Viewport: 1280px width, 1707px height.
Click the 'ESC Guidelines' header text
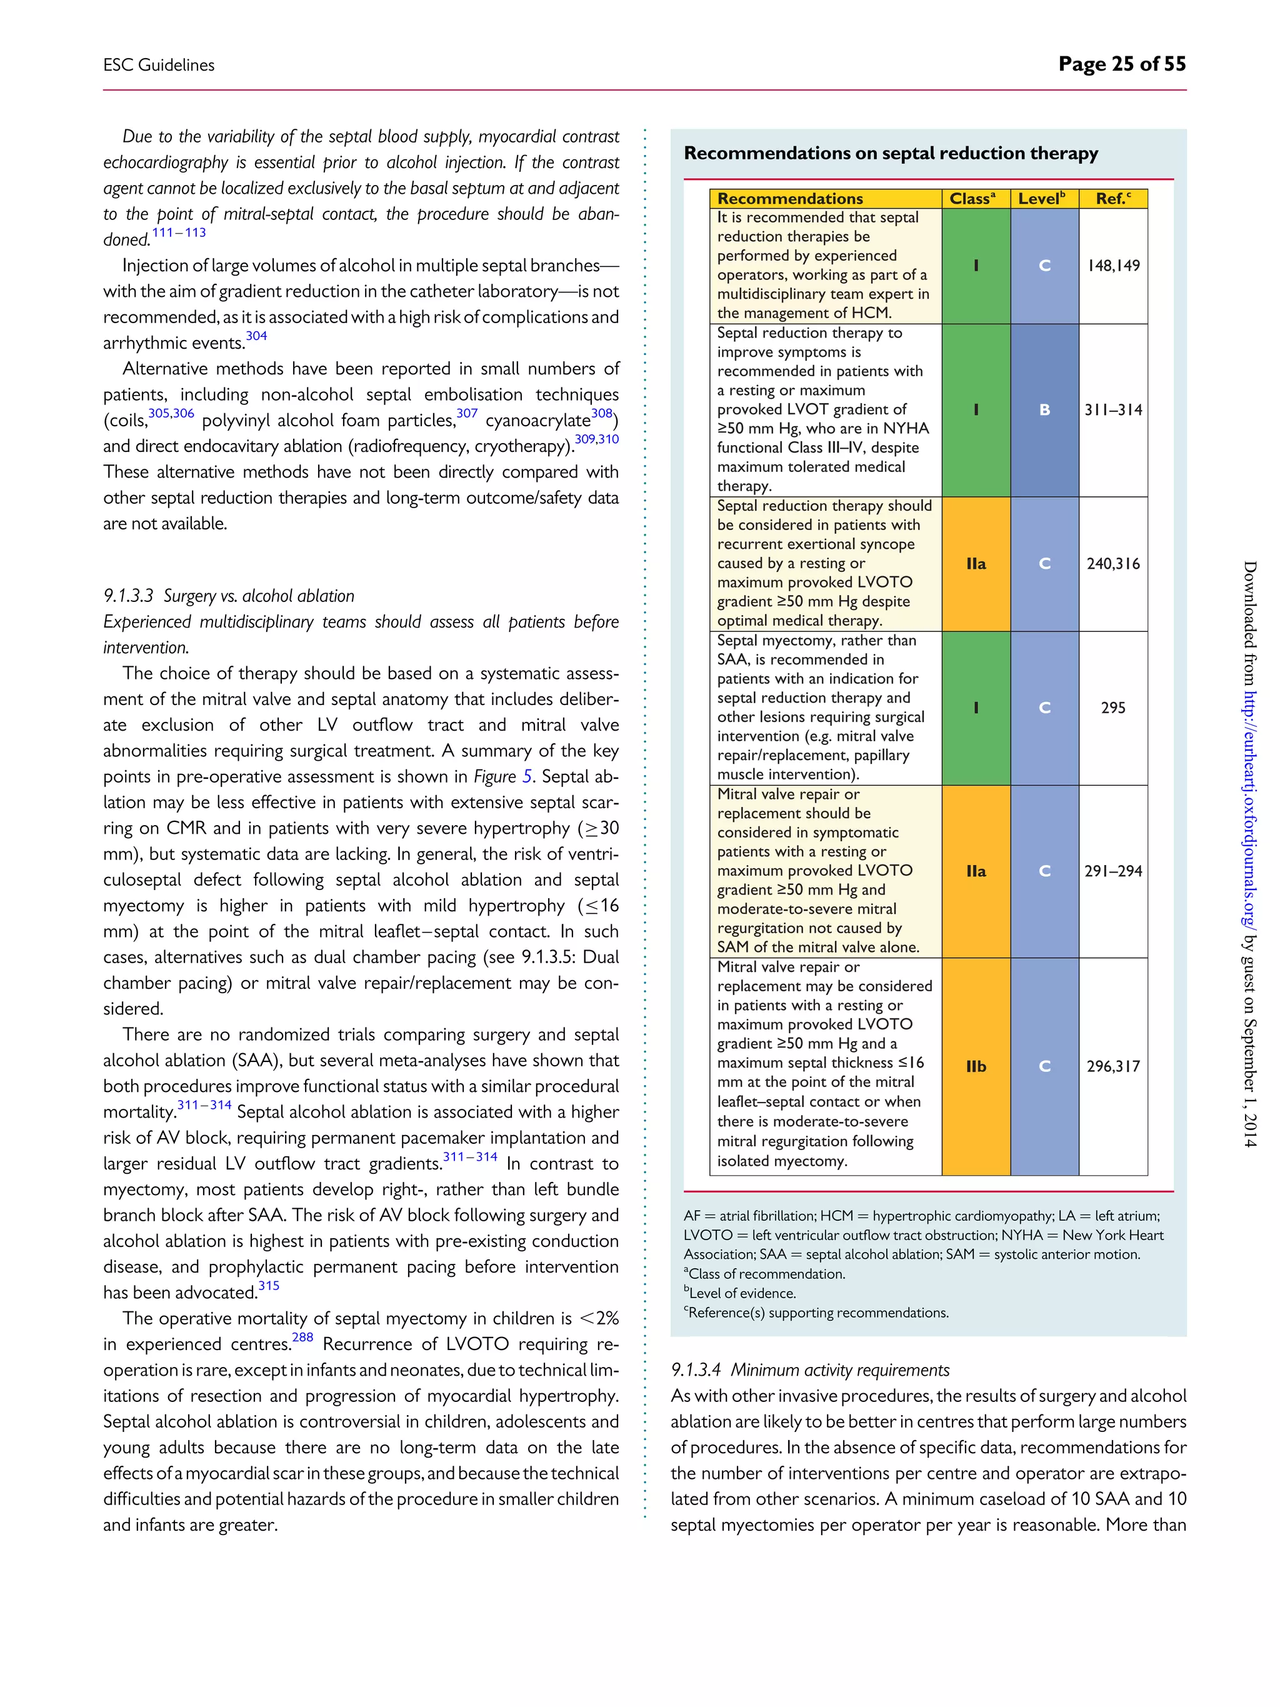point(159,66)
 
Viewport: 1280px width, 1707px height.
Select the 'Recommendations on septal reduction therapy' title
point(891,154)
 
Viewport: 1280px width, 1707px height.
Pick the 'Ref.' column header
point(1112,198)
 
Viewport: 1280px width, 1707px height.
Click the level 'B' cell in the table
point(1044,410)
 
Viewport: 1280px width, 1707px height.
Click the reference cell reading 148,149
point(1112,266)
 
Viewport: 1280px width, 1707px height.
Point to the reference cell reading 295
point(1112,708)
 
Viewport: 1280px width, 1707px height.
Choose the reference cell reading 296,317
point(1112,1066)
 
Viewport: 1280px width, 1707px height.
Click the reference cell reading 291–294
point(1112,871)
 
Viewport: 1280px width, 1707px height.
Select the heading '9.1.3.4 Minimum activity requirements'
point(810,1369)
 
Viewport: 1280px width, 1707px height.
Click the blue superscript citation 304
point(256,336)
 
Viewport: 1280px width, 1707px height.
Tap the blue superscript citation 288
point(302,1338)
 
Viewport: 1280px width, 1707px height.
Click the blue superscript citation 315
point(269,1286)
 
